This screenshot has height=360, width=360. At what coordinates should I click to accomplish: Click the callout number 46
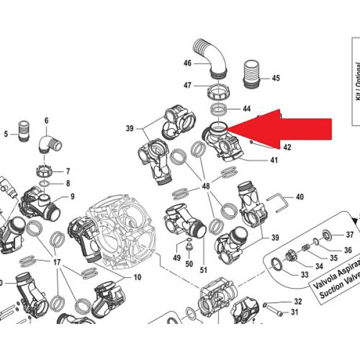[187, 63]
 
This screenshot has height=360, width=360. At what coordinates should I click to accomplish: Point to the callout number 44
[247, 109]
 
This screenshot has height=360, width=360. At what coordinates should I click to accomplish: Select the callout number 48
[206, 187]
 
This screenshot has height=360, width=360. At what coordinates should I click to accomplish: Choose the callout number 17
[58, 263]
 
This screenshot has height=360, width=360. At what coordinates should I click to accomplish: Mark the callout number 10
[137, 277]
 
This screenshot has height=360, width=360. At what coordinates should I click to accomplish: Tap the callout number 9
[72, 196]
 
